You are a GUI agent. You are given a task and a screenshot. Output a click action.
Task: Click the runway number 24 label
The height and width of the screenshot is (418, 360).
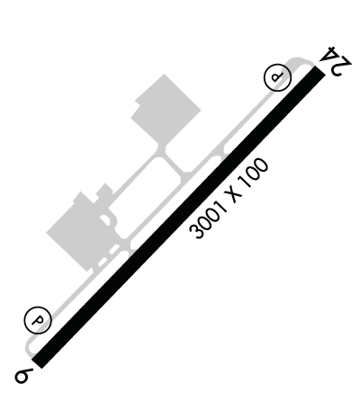point(335,61)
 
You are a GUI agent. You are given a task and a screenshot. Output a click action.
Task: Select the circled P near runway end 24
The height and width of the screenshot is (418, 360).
point(277,77)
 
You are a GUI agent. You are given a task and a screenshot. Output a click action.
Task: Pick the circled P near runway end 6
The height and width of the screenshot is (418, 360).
point(38,320)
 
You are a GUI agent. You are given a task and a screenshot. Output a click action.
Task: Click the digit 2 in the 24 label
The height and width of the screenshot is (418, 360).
point(342,67)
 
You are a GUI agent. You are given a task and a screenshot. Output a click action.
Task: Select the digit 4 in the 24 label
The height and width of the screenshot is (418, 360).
point(328,55)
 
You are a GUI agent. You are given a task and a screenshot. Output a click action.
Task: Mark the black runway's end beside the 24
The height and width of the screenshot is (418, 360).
point(320,70)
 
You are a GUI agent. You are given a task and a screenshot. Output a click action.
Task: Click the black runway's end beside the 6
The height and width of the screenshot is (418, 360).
point(36,362)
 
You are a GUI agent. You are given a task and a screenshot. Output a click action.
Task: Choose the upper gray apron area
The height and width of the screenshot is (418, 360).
point(166,110)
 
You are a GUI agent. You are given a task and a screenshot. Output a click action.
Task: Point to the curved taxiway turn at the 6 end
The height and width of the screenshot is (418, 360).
point(28,348)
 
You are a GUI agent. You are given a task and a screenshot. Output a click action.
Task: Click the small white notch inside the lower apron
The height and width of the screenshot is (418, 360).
point(105,219)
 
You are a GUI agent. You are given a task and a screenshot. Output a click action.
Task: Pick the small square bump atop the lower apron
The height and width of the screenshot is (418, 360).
point(104,190)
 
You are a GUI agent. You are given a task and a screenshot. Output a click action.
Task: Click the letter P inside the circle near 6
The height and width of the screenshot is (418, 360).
point(38,320)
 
